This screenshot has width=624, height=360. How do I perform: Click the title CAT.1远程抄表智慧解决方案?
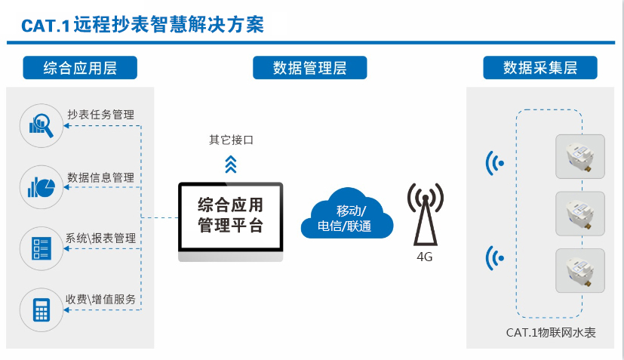[143, 24]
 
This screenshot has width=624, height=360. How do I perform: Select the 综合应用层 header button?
[80, 68]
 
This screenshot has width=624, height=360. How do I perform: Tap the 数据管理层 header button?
[310, 68]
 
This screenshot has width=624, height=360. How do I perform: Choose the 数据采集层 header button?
[540, 68]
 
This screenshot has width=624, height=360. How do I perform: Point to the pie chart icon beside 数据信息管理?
[41, 186]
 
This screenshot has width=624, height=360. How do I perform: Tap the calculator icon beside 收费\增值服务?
[41, 307]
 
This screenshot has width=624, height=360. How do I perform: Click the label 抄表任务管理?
[100, 115]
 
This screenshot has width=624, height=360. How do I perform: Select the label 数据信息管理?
[100, 177]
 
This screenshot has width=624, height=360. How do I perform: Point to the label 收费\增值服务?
[100, 300]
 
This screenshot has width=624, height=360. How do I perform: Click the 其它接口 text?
[231, 140]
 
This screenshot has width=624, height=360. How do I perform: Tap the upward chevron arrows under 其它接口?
[231, 164]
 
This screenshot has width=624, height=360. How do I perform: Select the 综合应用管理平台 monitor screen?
[230, 217]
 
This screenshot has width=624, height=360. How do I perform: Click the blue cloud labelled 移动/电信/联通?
[346, 215]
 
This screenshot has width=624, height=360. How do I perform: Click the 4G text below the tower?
[424, 257]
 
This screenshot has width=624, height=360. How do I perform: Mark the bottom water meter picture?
[580, 270]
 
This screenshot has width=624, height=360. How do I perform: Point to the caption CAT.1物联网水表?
[551, 332]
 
